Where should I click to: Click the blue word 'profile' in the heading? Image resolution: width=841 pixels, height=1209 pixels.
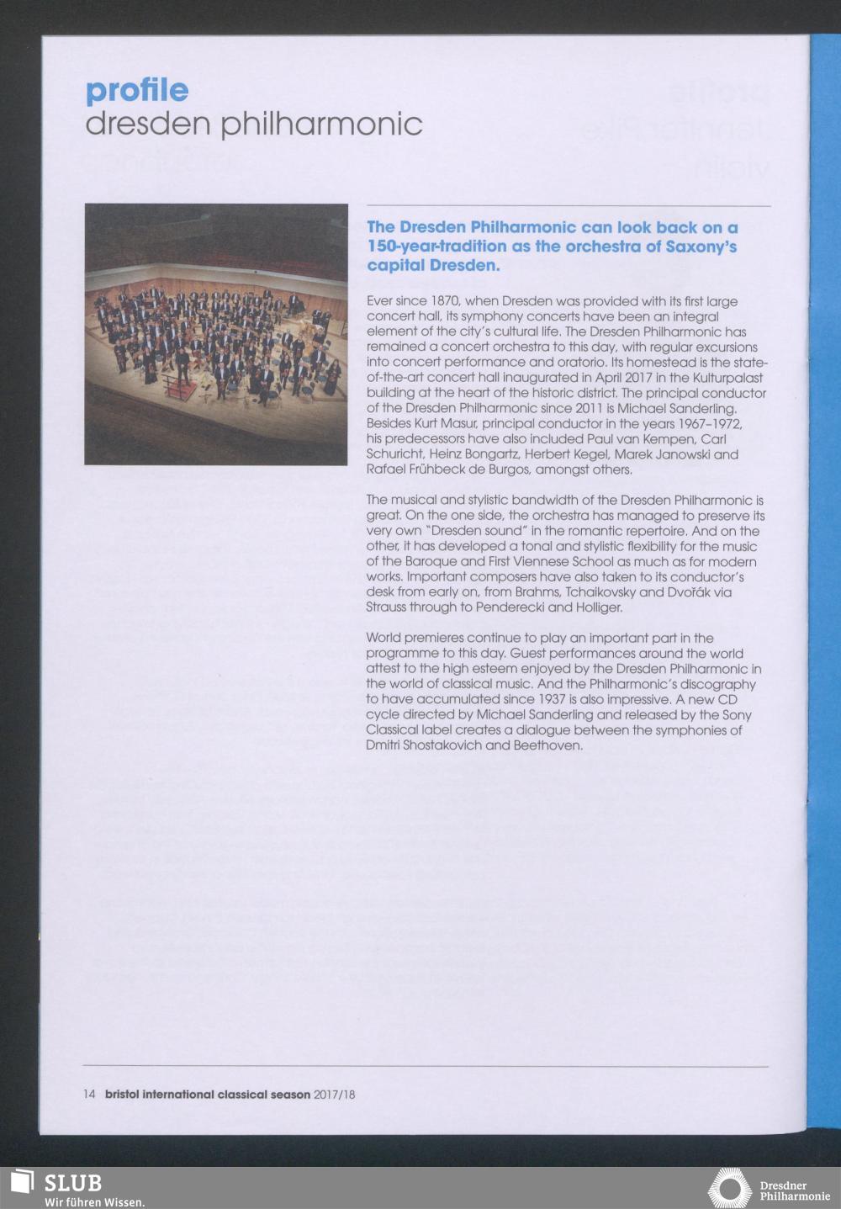(137, 90)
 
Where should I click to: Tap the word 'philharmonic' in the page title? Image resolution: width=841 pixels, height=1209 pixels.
(321, 125)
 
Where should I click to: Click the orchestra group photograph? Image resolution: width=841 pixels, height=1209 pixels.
(216, 334)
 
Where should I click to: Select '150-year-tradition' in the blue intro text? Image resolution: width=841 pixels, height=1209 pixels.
(436, 247)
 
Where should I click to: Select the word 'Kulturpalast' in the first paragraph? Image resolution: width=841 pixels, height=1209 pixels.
(728, 377)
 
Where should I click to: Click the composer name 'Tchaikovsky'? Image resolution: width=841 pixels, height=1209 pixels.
(601, 591)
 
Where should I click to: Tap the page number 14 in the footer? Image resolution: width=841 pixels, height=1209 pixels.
(89, 1095)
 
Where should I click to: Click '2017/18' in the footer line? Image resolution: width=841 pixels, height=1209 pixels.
(335, 1095)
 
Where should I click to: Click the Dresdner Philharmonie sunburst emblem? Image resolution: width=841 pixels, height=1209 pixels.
(729, 1189)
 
